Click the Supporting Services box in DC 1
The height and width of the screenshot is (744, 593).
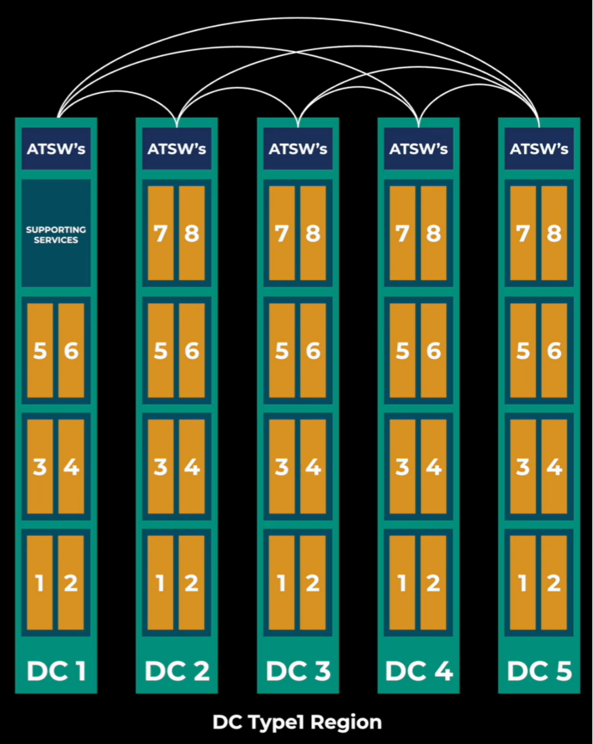[x=56, y=233]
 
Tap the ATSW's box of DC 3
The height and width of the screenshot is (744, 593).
[x=298, y=149]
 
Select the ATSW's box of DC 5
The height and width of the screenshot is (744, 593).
[x=539, y=149]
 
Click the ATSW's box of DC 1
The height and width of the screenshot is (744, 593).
[x=56, y=149]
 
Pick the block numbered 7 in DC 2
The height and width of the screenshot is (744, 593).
[x=161, y=233]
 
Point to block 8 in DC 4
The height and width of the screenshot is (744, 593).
[x=433, y=233]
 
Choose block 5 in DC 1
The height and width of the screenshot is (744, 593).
[x=40, y=350]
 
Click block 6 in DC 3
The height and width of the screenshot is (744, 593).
[x=312, y=350]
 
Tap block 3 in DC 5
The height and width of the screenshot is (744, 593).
[x=523, y=467]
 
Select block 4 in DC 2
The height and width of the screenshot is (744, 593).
[x=192, y=467]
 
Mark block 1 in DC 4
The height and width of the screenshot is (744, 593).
[x=403, y=583]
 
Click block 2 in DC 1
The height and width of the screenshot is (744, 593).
[x=71, y=583]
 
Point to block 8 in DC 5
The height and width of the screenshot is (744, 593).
[x=554, y=233]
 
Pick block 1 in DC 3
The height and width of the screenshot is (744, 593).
[x=282, y=583]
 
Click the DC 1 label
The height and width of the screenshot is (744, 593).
[x=56, y=671]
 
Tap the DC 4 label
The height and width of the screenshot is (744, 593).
[x=418, y=671]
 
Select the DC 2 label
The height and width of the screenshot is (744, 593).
[x=176, y=671]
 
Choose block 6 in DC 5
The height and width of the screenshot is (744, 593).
[x=554, y=350]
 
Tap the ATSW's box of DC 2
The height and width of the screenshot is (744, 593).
[x=177, y=149]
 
